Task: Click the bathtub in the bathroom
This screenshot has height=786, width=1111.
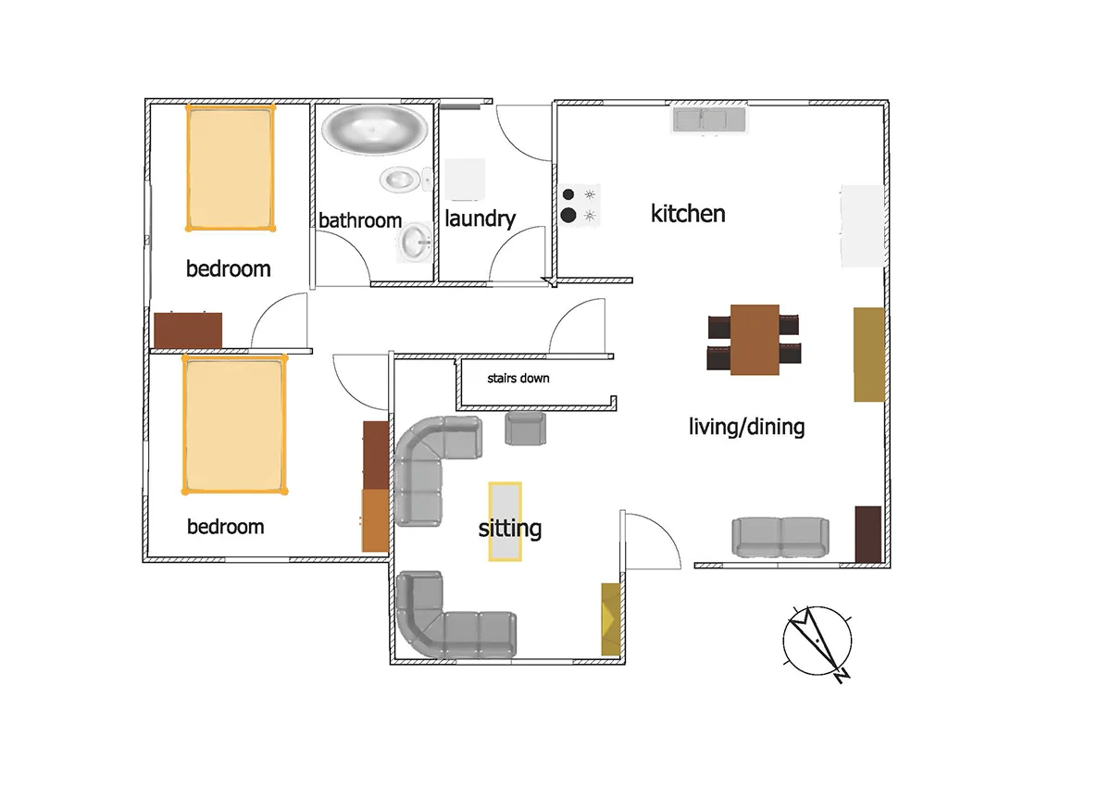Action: coord(375,129)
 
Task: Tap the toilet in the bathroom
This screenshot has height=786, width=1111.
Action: coord(401,179)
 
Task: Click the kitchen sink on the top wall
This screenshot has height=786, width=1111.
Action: coord(709,119)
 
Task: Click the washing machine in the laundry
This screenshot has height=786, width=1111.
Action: coord(465,179)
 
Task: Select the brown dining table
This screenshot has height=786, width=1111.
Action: coord(755,339)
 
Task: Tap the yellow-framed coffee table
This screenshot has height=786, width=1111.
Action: coord(505,521)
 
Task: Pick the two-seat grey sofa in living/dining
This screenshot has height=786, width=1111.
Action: coord(780,537)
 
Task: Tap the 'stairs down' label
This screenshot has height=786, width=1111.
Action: coord(518,379)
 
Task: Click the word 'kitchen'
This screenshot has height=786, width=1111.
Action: coord(688,214)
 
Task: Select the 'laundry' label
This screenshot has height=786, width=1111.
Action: coord(480,219)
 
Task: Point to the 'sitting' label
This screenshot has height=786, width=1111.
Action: coord(509,529)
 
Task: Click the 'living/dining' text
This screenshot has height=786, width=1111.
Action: coord(746,427)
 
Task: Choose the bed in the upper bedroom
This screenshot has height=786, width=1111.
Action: coord(231,167)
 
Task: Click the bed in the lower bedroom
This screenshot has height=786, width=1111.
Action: coord(234,423)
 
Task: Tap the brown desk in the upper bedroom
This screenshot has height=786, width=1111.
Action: coord(188,329)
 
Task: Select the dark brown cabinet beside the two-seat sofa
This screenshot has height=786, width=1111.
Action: coord(867,534)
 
